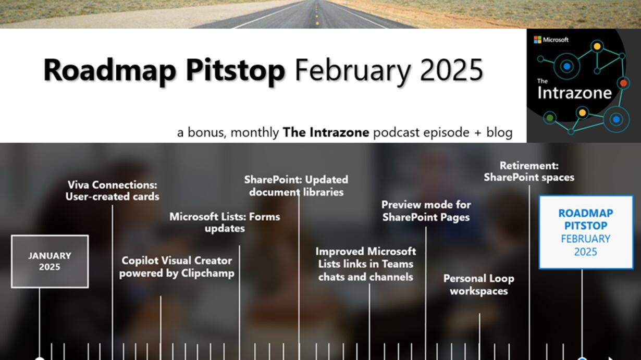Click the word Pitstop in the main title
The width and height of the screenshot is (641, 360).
click(x=235, y=70)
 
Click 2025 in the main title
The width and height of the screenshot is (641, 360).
click(x=451, y=69)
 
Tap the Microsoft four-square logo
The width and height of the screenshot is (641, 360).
click(x=537, y=40)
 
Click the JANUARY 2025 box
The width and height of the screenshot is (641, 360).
click(x=50, y=261)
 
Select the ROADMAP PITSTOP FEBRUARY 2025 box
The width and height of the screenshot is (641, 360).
click(x=586, y=232)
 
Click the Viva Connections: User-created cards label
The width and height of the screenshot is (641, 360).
click(x=112, y=191)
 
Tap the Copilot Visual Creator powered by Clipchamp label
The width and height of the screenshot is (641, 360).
click(x=177, y=267)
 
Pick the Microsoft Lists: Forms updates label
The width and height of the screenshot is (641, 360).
click(x=225, y=222)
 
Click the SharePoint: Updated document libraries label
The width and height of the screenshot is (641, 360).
click(x=296, y=185)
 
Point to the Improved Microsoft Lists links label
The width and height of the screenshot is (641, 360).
click(x=366, y=264)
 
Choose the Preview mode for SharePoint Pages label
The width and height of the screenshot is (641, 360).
click(x=426, y=211)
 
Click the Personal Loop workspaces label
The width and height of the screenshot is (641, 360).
click(x=479, y=284)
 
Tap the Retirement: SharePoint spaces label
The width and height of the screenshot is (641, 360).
click(x=529, y=171)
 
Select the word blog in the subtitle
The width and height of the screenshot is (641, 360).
click(x=499, y=132)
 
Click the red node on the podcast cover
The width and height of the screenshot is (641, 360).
click(x=623, y=83)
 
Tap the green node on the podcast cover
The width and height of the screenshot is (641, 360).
click(x=550, y=118)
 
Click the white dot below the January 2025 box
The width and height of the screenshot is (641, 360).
click(x=40, y=358)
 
